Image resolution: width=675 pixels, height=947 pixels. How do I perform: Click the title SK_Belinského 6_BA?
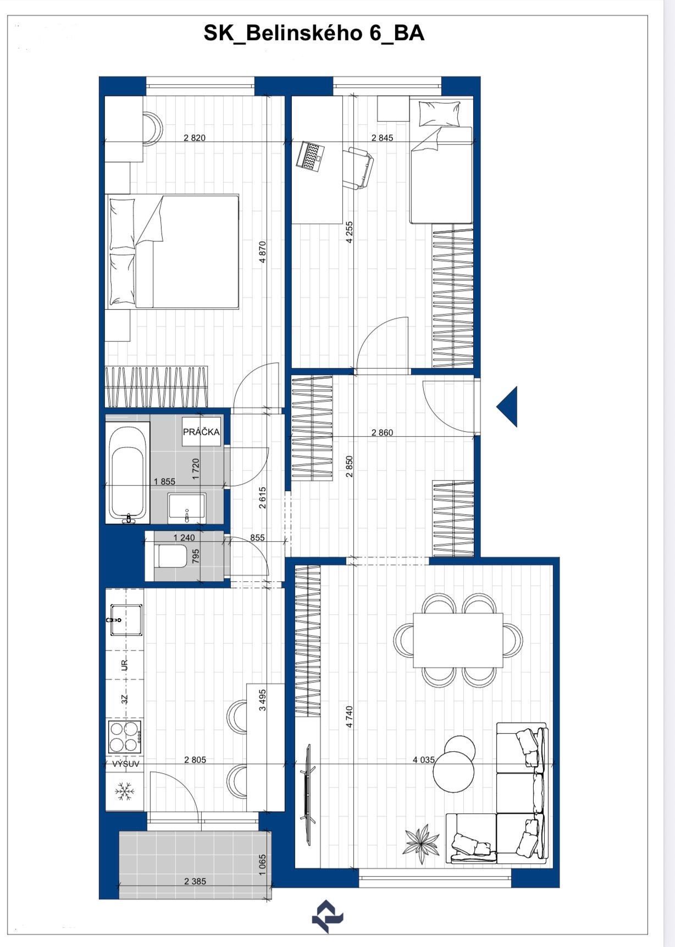tap(314, 34)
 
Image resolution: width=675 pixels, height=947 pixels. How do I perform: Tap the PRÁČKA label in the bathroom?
tap(201, 432)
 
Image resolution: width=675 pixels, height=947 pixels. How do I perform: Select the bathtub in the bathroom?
tap(128, 472)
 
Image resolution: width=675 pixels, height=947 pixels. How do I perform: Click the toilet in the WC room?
tap(172, 556)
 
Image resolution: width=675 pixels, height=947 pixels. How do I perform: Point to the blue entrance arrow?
tap(507, 407)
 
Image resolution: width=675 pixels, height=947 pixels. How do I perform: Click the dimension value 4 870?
tap(263, 251)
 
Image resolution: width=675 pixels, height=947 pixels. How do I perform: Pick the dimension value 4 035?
tap(424, 760)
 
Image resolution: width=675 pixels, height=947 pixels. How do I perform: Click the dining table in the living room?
tap(458, 640)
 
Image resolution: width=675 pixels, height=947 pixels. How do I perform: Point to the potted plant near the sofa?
tap(422, 842)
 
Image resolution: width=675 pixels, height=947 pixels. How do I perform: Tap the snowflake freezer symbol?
tap(124, 792)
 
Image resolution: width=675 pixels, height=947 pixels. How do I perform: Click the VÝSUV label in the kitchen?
tap(126, 764)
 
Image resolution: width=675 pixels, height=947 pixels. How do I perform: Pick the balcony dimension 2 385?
tap(195, 882)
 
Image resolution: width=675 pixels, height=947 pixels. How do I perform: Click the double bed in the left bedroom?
tap(173, 251)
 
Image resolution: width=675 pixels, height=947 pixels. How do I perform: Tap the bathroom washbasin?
tap(187, 506)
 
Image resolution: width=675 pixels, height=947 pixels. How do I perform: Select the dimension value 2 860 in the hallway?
tap(382, 433)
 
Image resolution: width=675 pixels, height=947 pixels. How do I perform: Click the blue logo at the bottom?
tap(328, 916)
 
